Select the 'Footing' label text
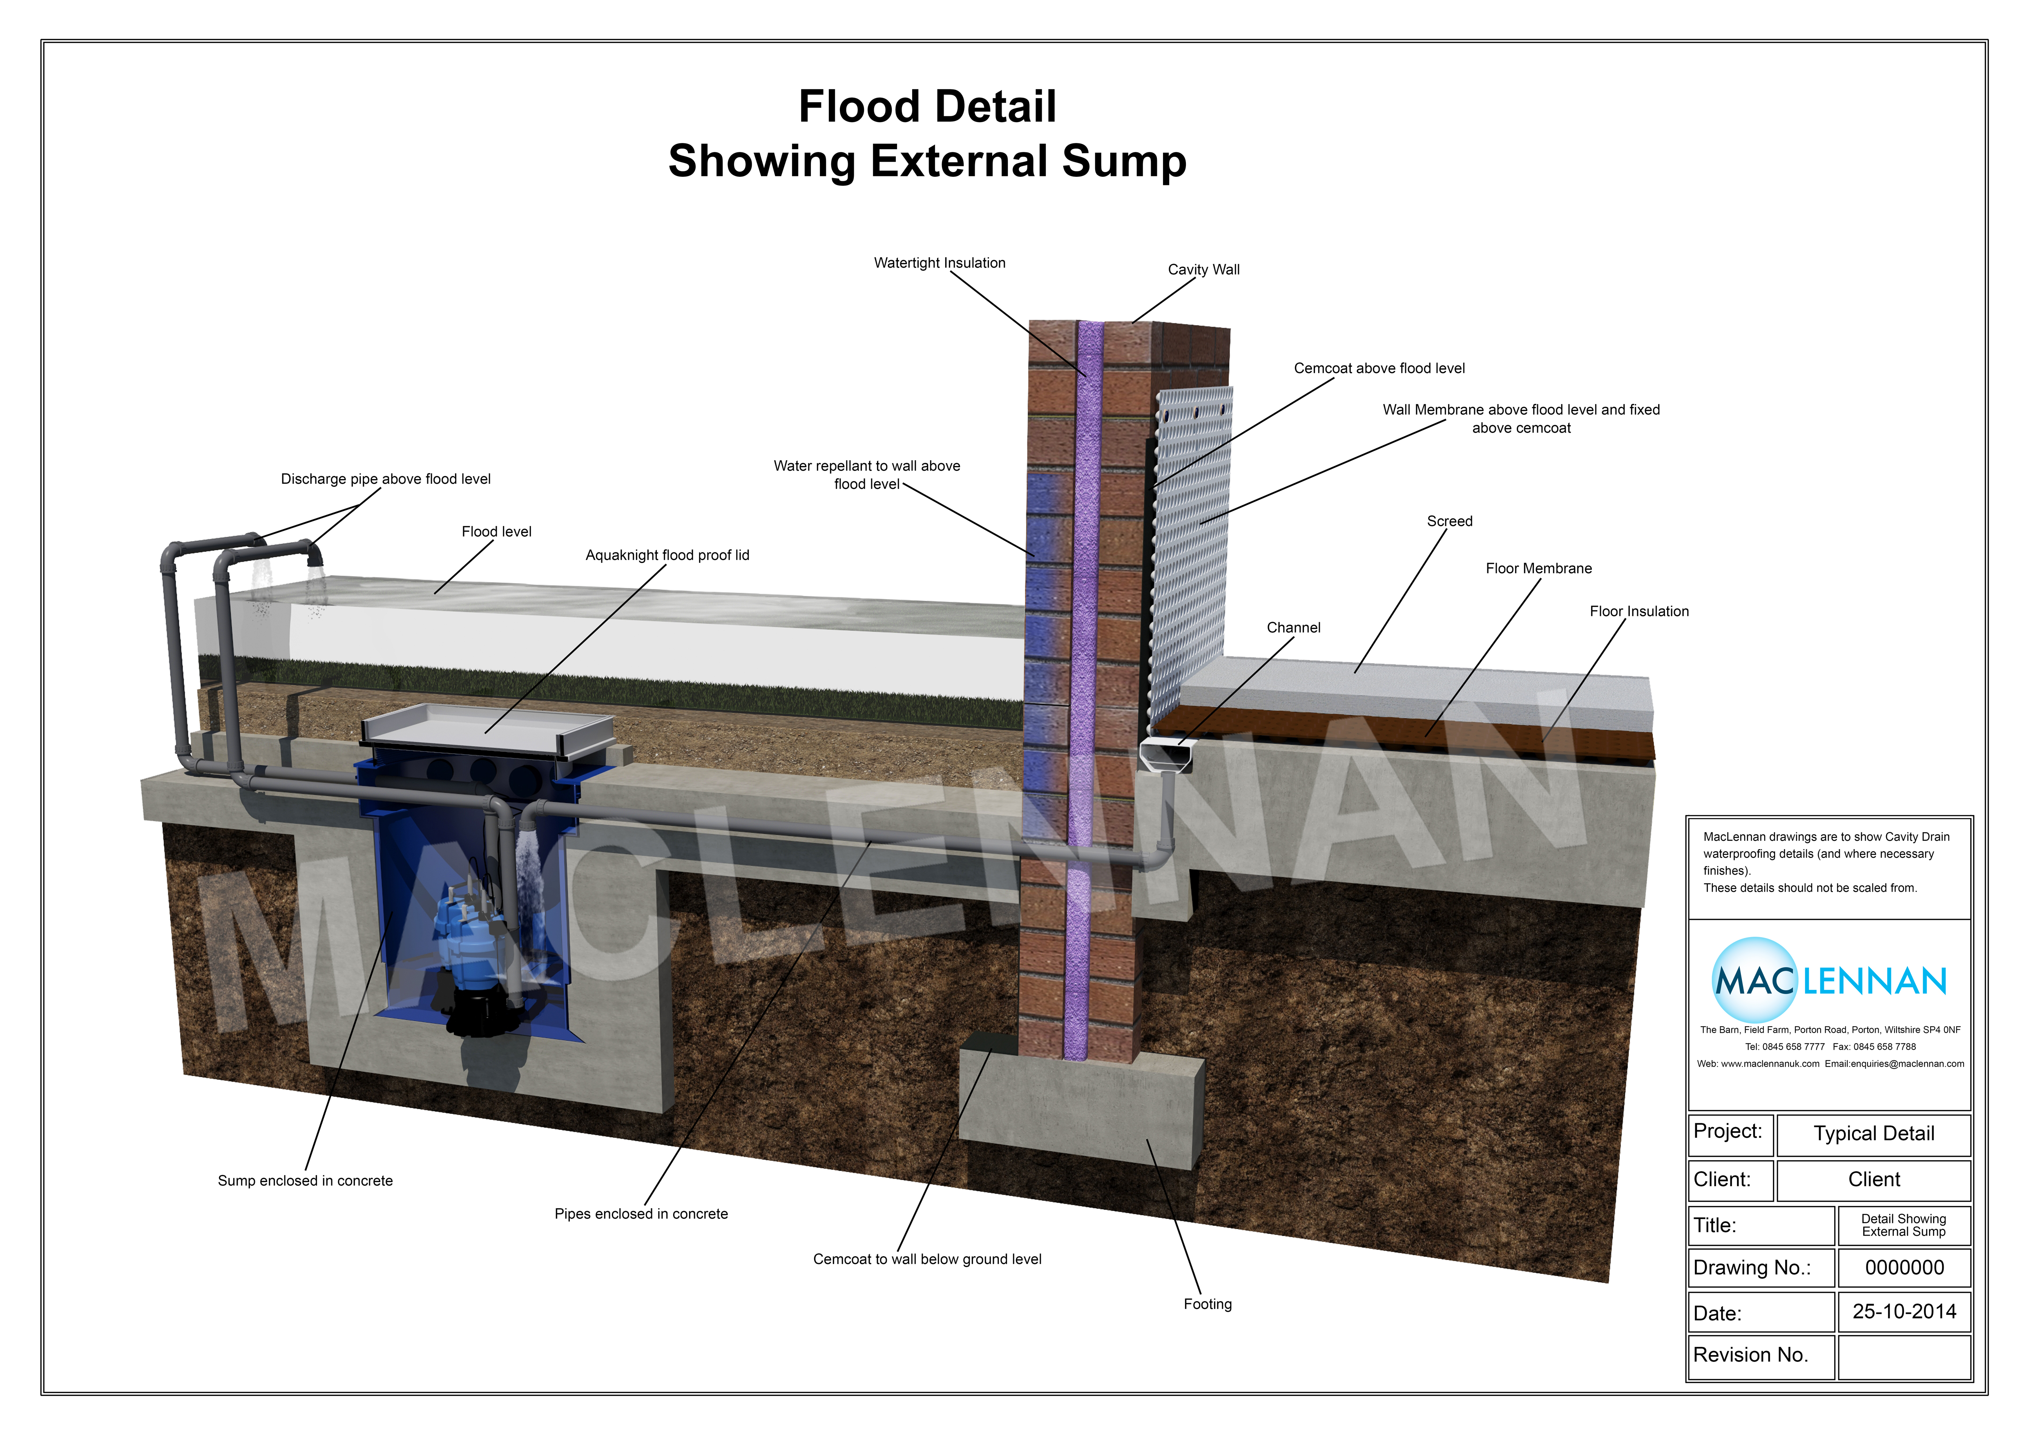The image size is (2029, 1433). pyautogui.click(x=1207, y=1304)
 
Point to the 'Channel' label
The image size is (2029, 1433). pyautogui.click(x=1293, y=627)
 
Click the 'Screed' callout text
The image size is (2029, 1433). pyautogui.click(x=1449, y=521)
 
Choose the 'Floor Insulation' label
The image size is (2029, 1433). pyautogui.click(x=1638, y=612)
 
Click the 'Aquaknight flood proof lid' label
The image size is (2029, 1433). pyautogui.click(x=667, y=555)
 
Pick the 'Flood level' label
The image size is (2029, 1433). pyautogui.click(x=496, y=532)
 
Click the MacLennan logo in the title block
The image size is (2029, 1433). pyautogui.click(x=1829, y=981)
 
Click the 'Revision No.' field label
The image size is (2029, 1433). pyautogui.click(x=1750, y=1355)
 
